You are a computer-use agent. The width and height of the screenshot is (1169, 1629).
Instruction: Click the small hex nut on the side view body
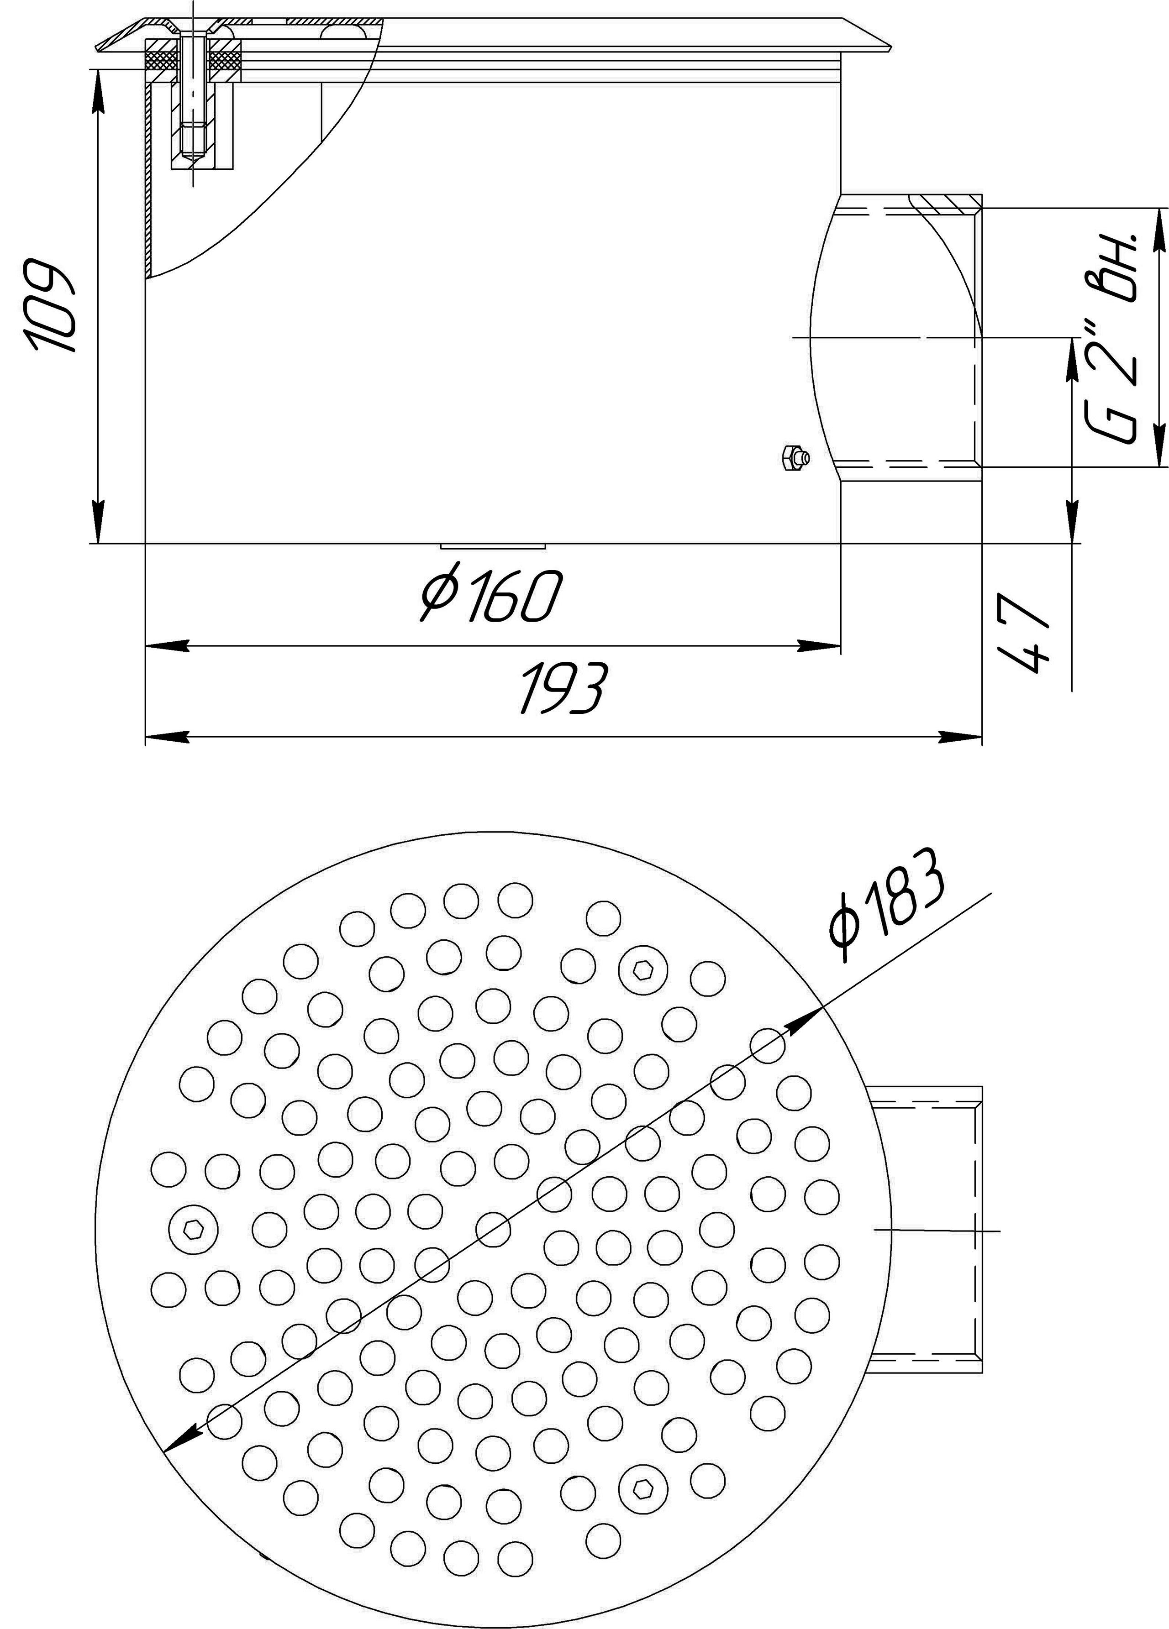tap(795, 457)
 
